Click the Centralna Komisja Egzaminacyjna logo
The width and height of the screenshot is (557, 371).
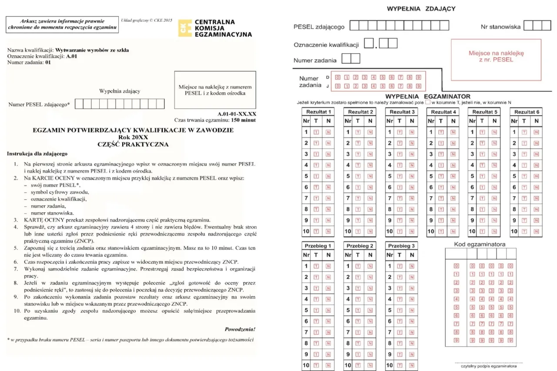[215, 28]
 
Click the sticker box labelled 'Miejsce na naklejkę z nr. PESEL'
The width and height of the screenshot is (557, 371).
[496, 57]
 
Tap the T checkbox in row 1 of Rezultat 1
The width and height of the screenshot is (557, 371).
[316, 132]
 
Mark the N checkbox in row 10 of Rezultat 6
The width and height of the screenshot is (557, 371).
[536, 232]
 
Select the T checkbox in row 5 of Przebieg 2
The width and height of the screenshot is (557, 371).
[359, 311]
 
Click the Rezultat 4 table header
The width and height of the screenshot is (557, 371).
[442, 112]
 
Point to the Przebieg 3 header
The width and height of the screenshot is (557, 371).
[401, 245]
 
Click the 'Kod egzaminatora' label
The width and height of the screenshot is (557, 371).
[480, 244]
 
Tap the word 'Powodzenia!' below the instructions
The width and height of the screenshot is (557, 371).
[240, 329]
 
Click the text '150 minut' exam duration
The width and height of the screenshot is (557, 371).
[244, 120]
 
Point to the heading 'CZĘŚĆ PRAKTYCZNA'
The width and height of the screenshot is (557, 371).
[133, 144]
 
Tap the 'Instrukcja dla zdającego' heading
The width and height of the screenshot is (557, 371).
[37, 154]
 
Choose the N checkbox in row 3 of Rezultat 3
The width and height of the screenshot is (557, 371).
[412, 154]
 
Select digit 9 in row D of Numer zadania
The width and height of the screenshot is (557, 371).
[419, 77]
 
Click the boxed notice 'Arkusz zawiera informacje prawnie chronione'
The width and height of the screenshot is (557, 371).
[63, 24]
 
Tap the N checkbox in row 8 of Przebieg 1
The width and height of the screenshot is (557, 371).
[328, 344]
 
